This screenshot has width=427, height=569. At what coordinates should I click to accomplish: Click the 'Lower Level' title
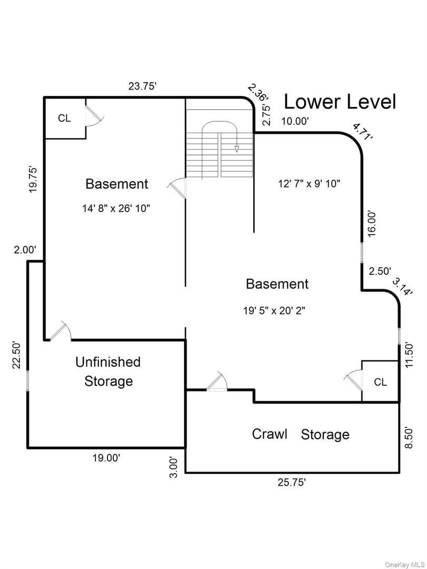339,102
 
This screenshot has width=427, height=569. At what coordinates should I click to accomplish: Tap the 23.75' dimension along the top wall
142,87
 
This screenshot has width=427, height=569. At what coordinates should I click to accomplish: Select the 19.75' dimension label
33,179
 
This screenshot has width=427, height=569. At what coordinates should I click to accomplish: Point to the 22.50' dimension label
17,355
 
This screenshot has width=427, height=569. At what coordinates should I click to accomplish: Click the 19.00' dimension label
106,458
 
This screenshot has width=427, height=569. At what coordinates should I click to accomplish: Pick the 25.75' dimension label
292,483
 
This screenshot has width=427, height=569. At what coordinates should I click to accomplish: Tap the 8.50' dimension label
409,437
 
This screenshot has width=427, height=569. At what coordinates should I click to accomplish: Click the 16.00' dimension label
372,223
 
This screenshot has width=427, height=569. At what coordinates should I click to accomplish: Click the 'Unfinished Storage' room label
108,371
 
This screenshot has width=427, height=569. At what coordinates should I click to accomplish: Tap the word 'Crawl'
269,434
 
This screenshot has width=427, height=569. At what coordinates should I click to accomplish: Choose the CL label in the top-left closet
65,119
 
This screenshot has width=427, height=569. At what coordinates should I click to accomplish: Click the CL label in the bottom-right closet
381,382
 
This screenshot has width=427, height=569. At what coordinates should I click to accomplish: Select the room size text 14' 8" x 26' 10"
116,209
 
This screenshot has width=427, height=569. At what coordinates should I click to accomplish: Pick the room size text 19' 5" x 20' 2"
274,311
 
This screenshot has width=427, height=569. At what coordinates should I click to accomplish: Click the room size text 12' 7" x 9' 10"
309,184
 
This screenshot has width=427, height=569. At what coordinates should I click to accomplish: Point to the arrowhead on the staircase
237,149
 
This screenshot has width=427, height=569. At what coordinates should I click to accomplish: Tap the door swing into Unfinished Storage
61,331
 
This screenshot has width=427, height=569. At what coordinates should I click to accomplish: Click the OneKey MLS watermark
405,564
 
